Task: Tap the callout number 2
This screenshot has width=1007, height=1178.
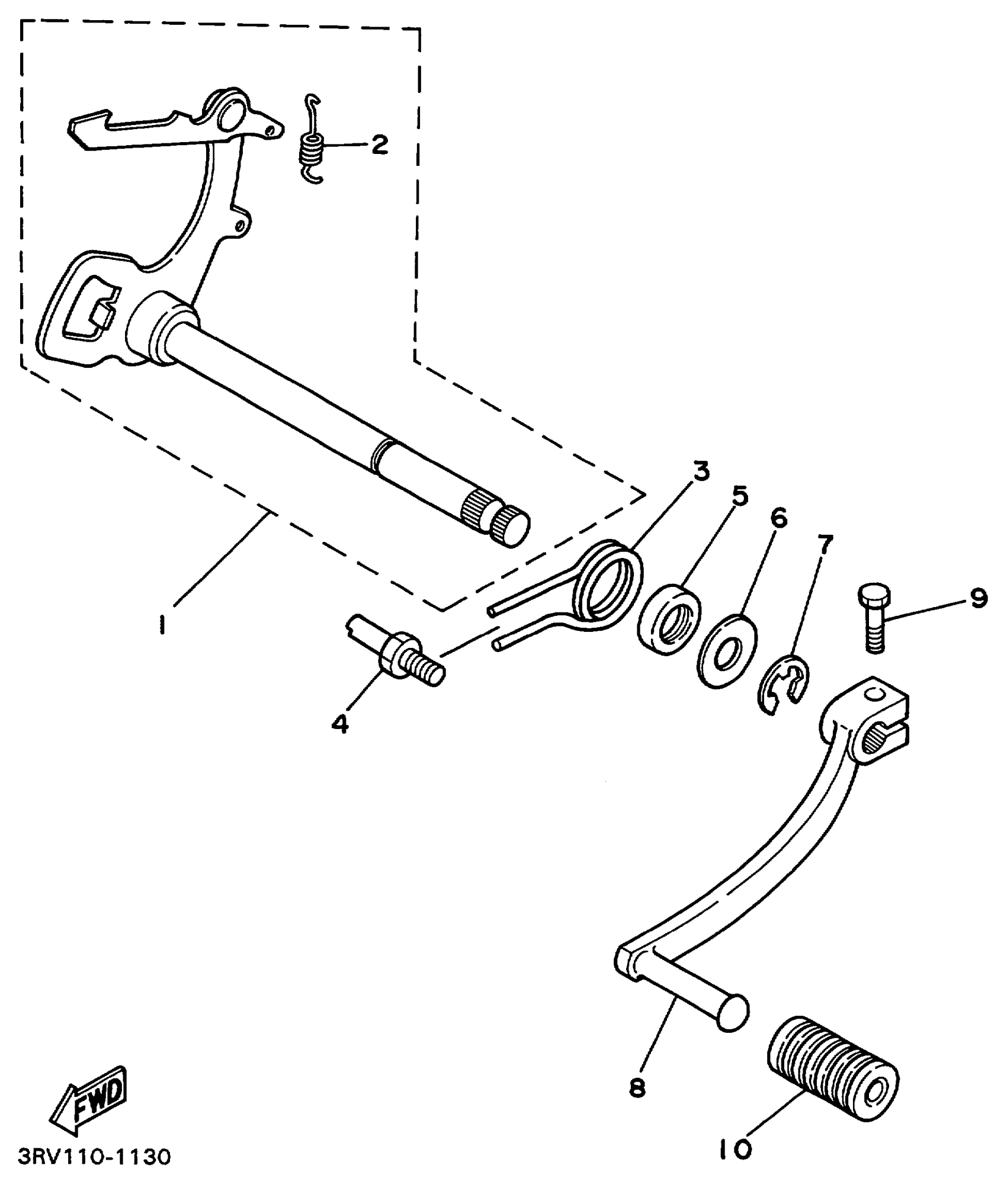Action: tap(380, 144)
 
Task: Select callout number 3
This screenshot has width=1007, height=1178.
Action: tap(701, 472)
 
